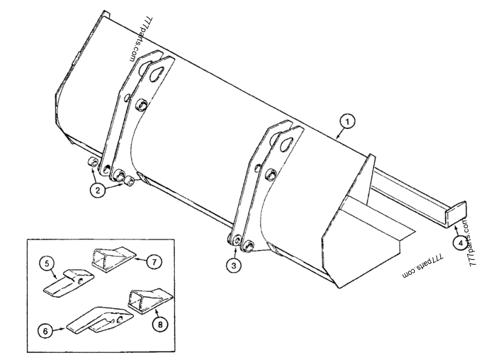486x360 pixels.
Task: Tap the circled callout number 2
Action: (97, 189)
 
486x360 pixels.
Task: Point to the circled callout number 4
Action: (460, 242)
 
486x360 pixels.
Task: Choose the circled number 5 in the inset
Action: (49, 265)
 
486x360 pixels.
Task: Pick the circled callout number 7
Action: (155, 262)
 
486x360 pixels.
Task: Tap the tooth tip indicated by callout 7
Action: (113, 256)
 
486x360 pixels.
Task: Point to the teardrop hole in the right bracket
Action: (284, 142)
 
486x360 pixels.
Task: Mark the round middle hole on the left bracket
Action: (141, 106)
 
